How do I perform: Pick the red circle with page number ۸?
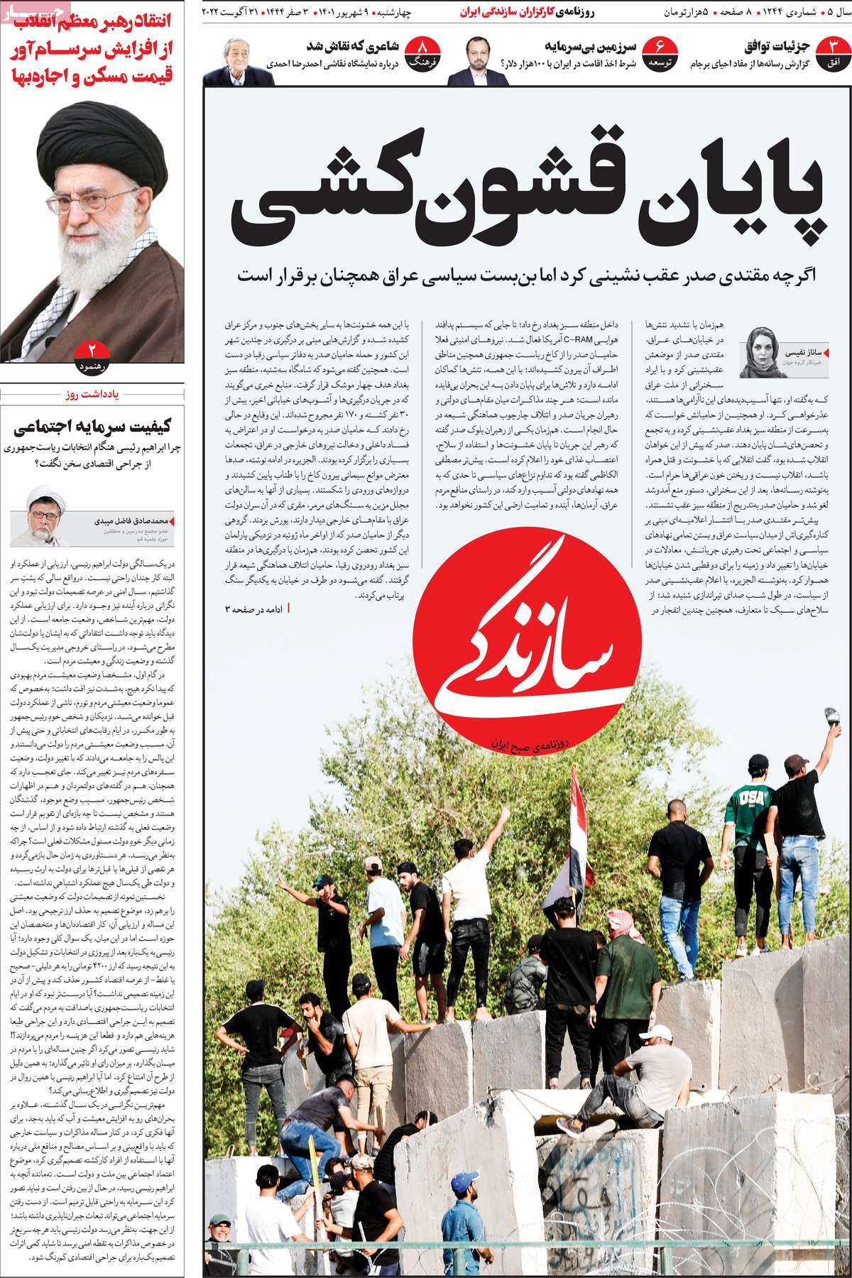point(425,53)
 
